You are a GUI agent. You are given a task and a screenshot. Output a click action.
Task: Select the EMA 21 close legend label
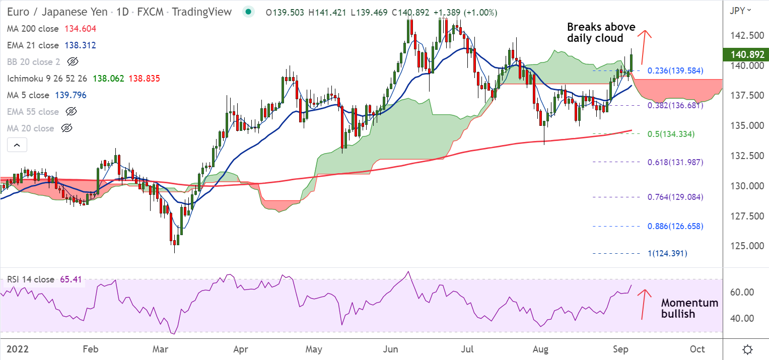pyautogui.click(x=33, y=45)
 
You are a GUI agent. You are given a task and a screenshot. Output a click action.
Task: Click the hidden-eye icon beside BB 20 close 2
pyautogui.click(x=73, y=62)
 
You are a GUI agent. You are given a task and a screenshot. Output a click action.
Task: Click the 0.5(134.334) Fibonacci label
pyautogui.click(x=671, y=134)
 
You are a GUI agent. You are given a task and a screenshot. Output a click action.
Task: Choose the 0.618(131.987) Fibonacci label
pyautogui.click(x=675, y=162)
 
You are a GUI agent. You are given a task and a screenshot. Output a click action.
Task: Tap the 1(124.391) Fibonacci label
pyautogui.click(x=667, y=253)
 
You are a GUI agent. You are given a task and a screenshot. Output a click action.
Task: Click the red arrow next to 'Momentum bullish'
pyautogui.click(x=643, y=304)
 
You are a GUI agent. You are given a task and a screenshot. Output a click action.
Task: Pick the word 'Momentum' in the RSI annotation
pyautogui.click(x=689, y=303)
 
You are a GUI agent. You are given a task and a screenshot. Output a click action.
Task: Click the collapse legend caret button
pyautogui.click(x=17, y=146)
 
